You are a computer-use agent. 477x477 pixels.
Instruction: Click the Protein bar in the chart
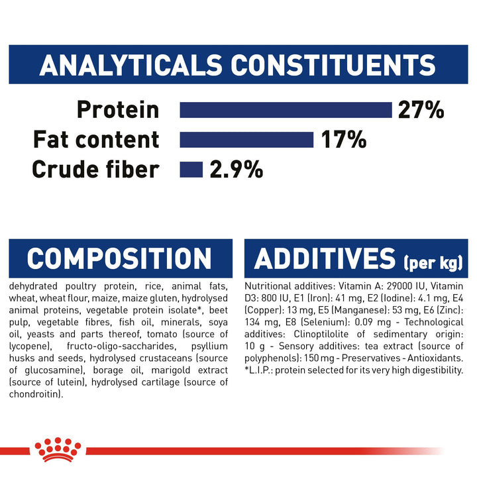point(286,110)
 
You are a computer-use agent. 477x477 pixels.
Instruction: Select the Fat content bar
point(246,140)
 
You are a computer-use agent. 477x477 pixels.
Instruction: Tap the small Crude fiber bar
point(191,170)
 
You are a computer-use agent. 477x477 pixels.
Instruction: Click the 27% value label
point(421,110)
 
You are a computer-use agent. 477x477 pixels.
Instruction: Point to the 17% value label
point(344,140)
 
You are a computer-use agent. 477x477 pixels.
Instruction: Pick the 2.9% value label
point(237,170)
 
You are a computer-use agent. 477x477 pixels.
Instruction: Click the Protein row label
point(118,110)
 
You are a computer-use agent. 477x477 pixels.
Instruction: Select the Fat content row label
point(96,140)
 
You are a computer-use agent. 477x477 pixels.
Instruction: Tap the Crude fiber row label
point(96,169)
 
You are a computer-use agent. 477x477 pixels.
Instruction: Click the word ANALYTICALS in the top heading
point(131,65)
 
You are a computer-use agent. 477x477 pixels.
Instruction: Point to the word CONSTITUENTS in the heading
point(333,65)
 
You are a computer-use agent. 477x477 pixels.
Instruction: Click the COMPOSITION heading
point(119,258)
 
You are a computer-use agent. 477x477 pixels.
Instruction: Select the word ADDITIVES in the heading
point(325,258)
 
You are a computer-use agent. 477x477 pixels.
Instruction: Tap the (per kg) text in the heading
point(433,262)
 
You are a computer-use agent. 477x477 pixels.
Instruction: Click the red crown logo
point(58,450)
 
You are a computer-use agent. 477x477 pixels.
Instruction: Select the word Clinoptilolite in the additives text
point(321,334)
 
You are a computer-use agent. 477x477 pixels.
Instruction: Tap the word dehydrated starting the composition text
point(33,286)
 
